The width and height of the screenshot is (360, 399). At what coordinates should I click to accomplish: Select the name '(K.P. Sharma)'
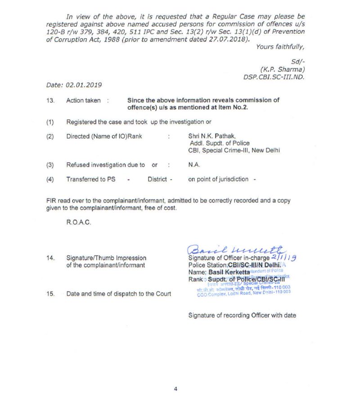(283, 69)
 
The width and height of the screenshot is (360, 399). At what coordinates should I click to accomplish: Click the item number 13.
(50, 100)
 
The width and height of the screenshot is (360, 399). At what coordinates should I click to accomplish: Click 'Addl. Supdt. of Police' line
(220, 143)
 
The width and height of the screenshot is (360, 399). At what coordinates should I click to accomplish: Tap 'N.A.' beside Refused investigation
(194, 165)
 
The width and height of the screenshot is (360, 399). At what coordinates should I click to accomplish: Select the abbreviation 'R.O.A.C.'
(79, 222)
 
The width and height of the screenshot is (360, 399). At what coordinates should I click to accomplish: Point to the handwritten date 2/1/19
(284, 256)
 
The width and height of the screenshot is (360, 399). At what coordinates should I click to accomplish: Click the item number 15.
(50, 294)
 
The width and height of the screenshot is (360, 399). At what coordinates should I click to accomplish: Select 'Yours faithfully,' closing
(280, 47)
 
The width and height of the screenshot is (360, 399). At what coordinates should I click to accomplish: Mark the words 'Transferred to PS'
(90, 179)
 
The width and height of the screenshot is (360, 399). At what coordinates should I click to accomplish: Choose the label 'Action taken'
(84, 100)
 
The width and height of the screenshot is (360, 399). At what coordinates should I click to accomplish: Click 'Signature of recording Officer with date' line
(242, 315)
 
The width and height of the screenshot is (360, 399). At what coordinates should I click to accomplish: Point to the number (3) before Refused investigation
(50, 165)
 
